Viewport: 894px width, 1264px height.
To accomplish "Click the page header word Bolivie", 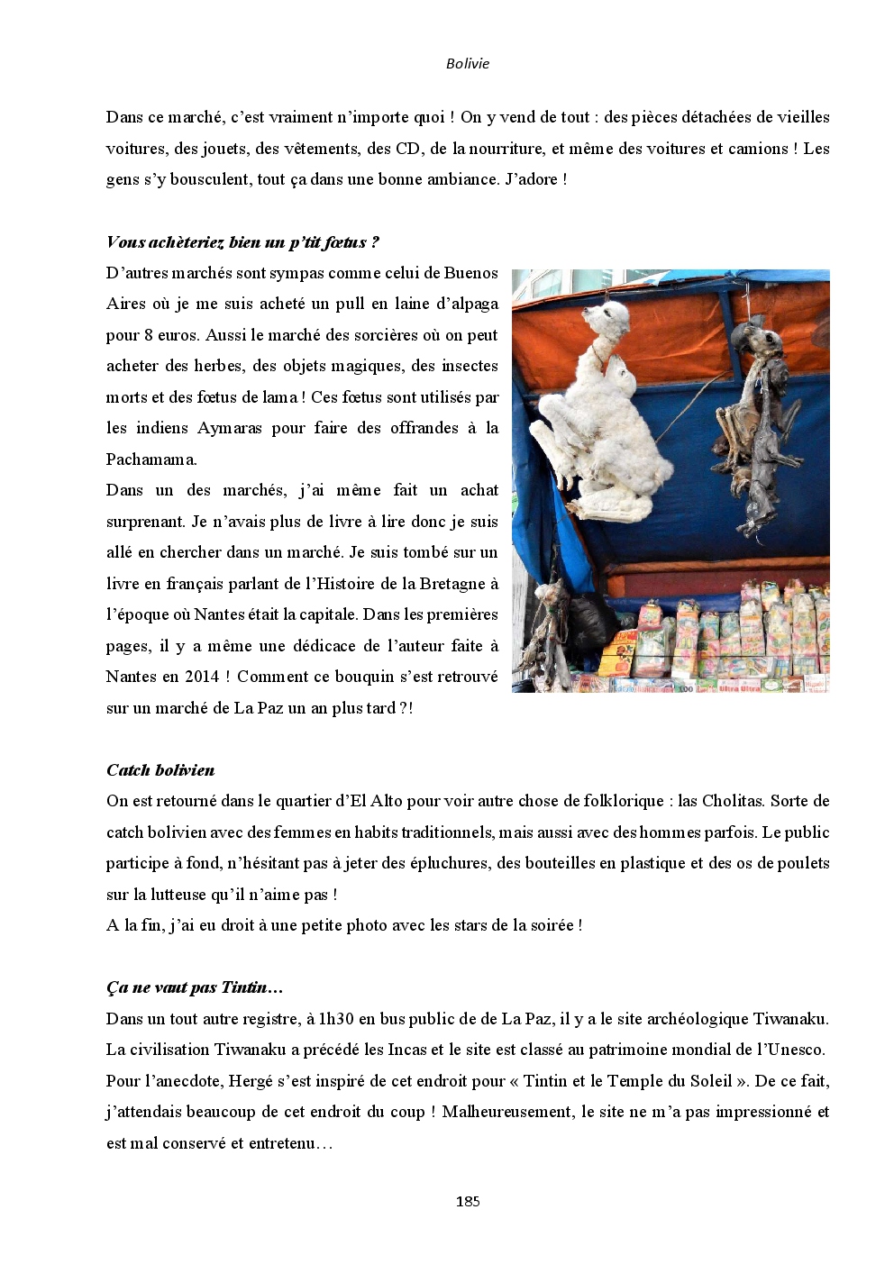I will tap(468, 63).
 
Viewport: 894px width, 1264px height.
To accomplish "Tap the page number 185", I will tap(468, 1201).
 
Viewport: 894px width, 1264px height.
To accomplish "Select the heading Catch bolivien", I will tap(160, 770).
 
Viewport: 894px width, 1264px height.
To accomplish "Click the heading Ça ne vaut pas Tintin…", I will tap(195, 987).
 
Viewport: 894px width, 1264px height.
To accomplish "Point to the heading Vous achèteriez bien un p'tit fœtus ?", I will tap(242, 241).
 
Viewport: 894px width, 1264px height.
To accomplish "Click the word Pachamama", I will tap(151, 459).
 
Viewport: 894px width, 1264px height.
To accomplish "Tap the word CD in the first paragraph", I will tap(408, 149).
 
